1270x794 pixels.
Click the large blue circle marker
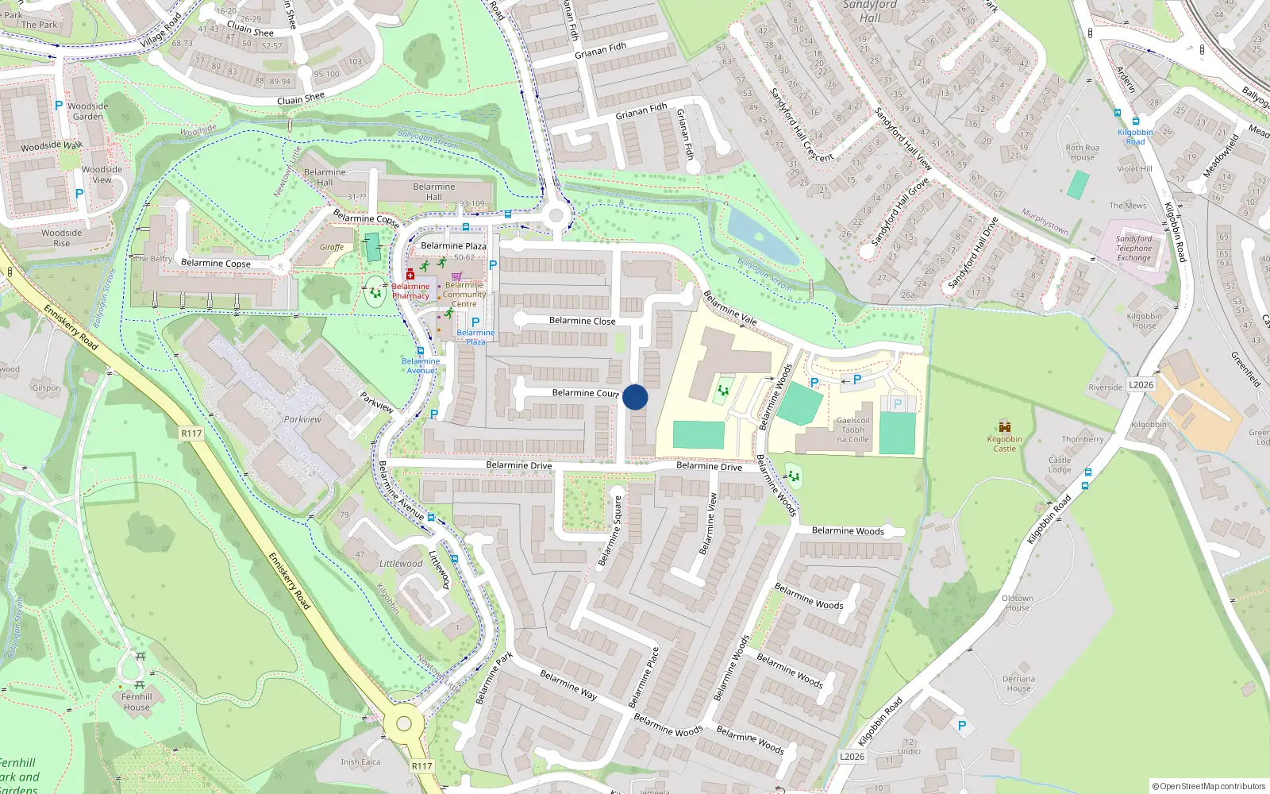coord(635,397)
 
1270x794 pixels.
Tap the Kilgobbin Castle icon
coord(1005,427)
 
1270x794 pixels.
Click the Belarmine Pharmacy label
coord(410,291)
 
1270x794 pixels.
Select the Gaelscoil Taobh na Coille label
coord(852,430)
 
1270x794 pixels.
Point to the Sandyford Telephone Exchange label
coord(1133,248)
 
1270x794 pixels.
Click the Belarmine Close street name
coord(582,321)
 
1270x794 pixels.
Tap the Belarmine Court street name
coord(585,393)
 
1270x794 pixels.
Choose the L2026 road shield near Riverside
coord(1141,385)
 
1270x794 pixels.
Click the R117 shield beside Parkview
coord(191,434)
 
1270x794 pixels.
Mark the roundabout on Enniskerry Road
coord(404,723)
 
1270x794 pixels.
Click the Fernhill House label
coord(137,702)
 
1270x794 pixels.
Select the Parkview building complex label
coord(302,419)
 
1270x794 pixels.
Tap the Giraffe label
coord(332,247)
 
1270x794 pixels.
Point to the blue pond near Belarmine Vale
coord(761,236)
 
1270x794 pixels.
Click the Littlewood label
coord(401,564)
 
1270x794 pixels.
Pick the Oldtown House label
coord(1018,603)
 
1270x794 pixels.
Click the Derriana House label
coord(1018,684)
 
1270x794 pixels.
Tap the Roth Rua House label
coord(1083,152)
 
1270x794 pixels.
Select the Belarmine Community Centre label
coord(464,295)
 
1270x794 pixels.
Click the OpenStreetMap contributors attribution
coord(1209,786)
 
